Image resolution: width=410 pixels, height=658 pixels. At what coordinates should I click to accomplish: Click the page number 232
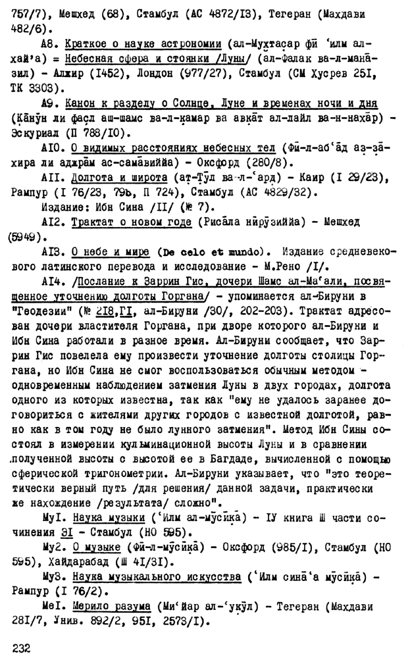pos(22,647)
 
